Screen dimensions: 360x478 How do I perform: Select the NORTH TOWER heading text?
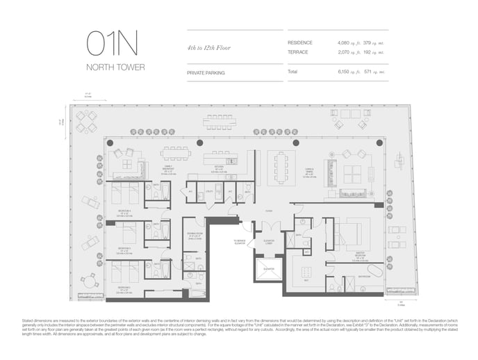pos(115,67)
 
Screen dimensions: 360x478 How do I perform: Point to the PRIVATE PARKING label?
pos(206,72)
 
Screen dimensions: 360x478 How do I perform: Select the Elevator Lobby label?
pos(268,243)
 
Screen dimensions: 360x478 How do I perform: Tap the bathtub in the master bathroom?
pos(375,270)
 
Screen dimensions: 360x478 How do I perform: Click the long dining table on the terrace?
pos(219,122)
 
